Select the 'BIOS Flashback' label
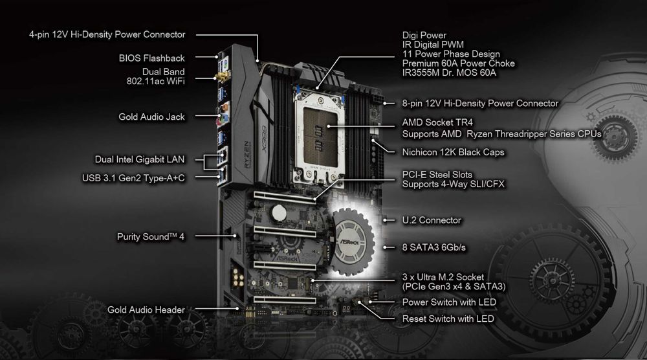tap(152, 58)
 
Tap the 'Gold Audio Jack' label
tap(151, 117)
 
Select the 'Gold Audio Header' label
tap(146, 310)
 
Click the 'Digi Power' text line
tap(424, 35)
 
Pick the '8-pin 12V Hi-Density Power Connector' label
tap(480, 103)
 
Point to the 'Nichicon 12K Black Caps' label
tap(453, 152)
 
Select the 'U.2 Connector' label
tap(432, 220)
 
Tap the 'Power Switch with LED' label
tap(448, 302)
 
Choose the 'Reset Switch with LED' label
tap(448, 319)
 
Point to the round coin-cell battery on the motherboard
tap(278, 211)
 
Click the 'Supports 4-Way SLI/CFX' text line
tap(453, 185)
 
